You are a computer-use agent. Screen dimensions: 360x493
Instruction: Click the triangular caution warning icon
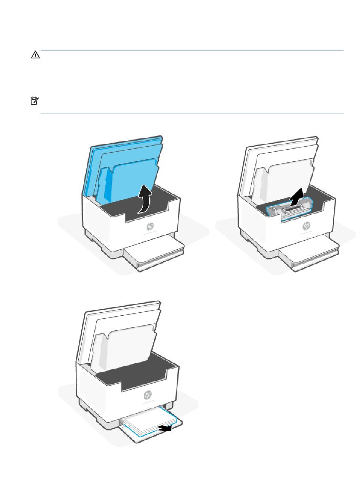(35, 55)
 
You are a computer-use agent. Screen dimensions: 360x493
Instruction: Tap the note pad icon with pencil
(35, 101)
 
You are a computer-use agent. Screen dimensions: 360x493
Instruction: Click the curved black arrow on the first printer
(145, 199)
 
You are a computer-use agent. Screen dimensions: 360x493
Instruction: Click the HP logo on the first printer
(150, 226)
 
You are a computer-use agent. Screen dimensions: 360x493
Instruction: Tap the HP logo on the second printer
(306, 226)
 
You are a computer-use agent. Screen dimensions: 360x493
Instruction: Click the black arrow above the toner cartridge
(297, 198)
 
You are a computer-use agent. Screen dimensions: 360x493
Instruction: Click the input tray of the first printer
(154, 255)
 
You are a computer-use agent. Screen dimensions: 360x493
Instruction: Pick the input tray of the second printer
(309, 255)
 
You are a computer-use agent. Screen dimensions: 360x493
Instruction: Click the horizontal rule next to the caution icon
(193, 50)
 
